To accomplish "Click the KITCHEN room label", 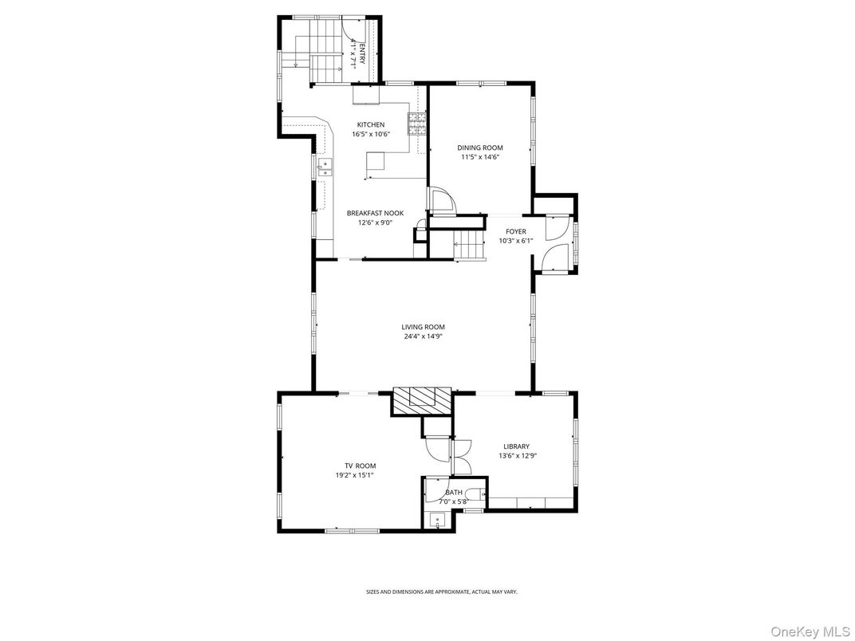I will coord(370,124).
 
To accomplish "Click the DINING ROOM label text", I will coord(479,147).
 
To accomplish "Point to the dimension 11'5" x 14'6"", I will coord(479,157).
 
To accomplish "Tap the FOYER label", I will coord(515,231).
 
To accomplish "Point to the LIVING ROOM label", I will coord(423,327).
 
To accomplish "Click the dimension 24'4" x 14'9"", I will coord(423,336).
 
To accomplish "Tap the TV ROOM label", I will coord(360,466).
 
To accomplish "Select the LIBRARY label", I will coord(516,446).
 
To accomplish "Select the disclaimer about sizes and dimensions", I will coord(441,592).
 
